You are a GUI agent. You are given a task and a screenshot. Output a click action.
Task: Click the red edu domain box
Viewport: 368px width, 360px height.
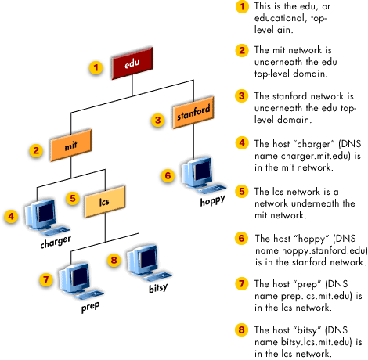(x=131, y=66)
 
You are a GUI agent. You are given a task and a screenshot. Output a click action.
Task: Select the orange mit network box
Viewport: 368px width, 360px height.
(x=72, y=145)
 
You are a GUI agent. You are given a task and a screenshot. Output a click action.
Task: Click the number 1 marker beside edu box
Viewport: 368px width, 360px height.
(x=96, y=67)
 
